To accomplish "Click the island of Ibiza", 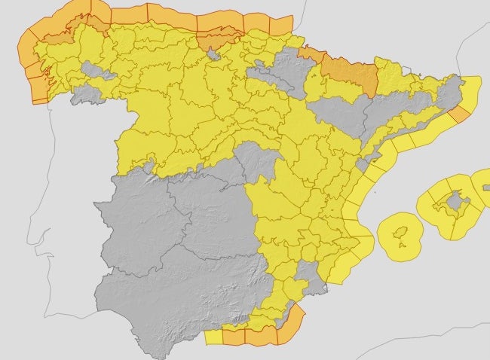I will pyautogui.click(x=403, y=230).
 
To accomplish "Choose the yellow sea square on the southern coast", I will pyautogui.click(x=214, y=337).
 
